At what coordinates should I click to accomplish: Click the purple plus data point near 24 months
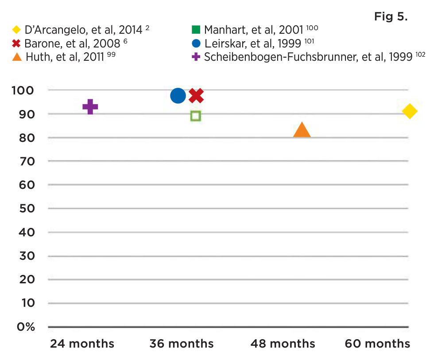tap(90, 107)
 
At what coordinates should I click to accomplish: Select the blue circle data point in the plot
tap(178, 96)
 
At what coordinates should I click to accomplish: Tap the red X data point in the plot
tap(196, 96)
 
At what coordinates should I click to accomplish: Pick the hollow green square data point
tap(196, 116)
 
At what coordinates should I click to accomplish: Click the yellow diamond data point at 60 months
tap(410, 111)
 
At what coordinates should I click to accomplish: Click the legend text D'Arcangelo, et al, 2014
tap(83, 30)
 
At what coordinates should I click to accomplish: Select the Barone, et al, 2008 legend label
tap(72, 43)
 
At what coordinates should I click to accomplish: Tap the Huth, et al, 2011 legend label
tap(65, 57)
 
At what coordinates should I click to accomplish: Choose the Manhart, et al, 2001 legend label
tap(253, 30)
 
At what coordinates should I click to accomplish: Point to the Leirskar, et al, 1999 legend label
tap(253, 43)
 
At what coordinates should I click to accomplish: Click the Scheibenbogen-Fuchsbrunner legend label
tap(308, 57)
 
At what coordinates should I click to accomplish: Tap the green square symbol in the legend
tap(196, 30)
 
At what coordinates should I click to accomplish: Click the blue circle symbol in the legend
tap(196, 43)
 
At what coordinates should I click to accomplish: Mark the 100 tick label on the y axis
tap(23, 90)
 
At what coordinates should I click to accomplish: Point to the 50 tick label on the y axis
tap(27, 208)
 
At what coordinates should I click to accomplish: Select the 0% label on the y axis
tap(26, 327)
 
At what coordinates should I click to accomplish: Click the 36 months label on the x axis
tap(182, 344)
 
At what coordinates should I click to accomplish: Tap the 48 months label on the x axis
tap(283, 344)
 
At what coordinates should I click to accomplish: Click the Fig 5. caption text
tap(391, 17)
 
